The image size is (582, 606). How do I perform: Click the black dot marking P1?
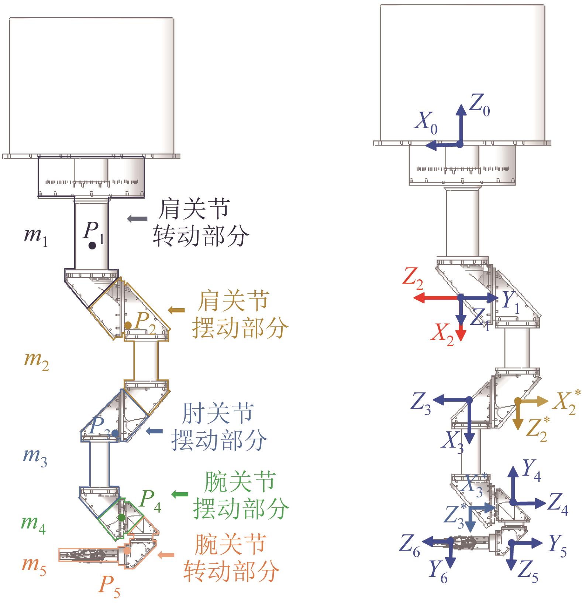[92, 245]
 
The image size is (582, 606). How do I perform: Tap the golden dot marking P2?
[128, 325]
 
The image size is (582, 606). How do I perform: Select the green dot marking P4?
[121, 517]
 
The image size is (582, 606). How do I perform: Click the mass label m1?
[35, 237]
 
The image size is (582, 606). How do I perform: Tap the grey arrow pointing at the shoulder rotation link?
[137, 219]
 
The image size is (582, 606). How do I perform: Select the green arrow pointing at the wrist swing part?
[180, 494]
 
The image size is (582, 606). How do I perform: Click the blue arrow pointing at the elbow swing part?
[155, 431]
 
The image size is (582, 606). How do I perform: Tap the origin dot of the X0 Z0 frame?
[459, 145]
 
